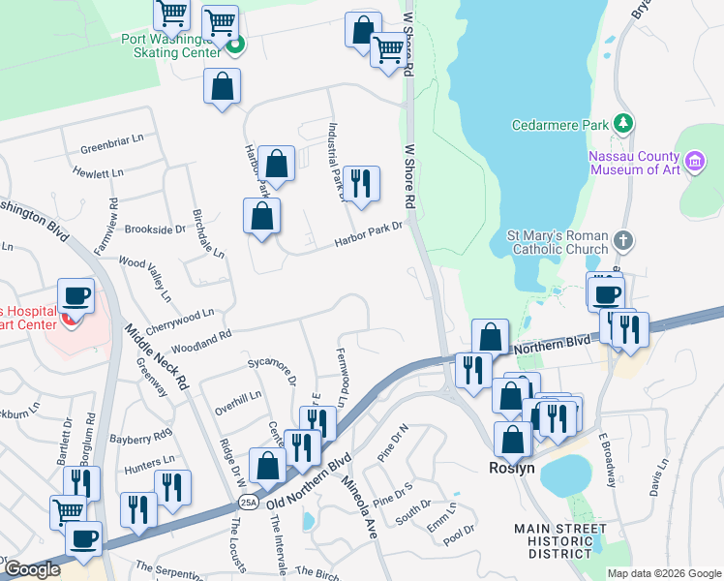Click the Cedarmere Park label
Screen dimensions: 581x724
(x=560, y=124)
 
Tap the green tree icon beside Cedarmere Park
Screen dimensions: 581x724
(x=625, y=123)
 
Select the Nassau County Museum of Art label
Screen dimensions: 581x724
(x=635, y=163)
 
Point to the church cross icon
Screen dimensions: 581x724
(x=625, y=239)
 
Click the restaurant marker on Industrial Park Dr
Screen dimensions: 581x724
(x=360, y=183)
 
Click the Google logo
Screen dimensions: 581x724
(x=33, y=569)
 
